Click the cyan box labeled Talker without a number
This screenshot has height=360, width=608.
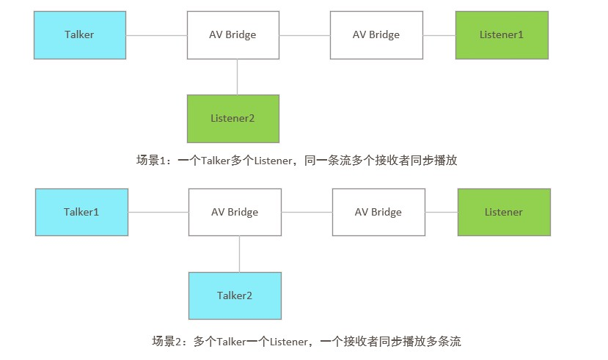(x=80, y=34)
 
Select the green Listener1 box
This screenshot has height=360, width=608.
(x=502, y=34)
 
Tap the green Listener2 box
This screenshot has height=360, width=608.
(x=232, y=118)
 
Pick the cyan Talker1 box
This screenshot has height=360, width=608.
(x=81, y=212)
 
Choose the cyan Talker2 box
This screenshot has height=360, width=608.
(x=235, y=295)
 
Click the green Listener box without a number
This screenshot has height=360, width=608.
(x=504, y=212)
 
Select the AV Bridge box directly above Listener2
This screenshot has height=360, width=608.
(x=232, y=34)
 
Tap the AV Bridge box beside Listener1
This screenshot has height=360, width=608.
(x=376, y=34)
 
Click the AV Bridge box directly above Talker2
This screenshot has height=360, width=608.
(x=235, y=212)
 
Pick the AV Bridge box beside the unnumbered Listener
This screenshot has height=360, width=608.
(x=378, y=212)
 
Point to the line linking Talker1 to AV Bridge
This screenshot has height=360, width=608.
(x=158, y=212)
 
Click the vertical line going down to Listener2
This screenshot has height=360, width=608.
(x=237, y=76)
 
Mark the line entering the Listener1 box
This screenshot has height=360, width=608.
(x=439, y=34)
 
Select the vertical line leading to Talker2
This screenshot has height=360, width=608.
(x=239, y=254)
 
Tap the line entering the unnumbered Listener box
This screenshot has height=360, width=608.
(x=441, y=212)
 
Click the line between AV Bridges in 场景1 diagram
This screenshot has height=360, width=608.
(x=304, y=34)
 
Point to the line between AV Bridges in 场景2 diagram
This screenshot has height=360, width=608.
(x=307, y=212)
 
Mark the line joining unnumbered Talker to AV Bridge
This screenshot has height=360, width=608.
(x=157, y=34)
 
